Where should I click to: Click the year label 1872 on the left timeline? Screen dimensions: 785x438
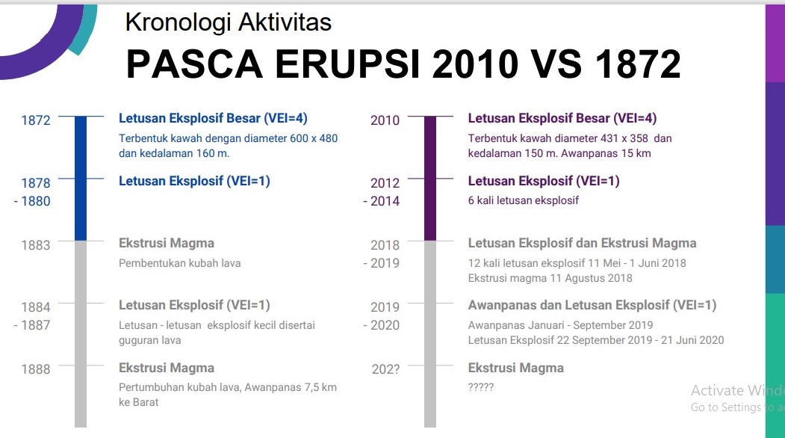click(x=36, y=120)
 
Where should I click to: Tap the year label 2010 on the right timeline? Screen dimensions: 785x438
click(x=385, y=120)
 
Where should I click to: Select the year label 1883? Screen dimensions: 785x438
click(x=36, y=245)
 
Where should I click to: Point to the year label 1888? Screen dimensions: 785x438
click(x=36, y=369)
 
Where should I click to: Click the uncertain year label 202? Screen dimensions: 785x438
click(x=385, y=369)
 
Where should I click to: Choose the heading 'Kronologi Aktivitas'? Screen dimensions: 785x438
click(x=229, y=22)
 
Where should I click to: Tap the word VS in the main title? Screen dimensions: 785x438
click(x=556, y=64)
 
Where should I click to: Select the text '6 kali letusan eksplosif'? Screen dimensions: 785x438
click(x=523, y=200)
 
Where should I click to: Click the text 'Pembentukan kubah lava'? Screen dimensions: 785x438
click(x=180, y=263)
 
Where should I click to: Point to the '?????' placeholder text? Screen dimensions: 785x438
click(x=480, y=387)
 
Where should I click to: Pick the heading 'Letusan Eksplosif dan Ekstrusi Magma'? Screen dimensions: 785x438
click(x=583, y=243)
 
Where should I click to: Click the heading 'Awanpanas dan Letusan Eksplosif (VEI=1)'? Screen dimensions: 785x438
click(x=592, y=305)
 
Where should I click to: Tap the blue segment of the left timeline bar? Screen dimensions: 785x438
click(x=81, y=179)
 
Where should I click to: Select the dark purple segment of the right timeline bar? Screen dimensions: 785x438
click(x=430, y=179)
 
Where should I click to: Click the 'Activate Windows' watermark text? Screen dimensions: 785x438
click(x=738, y=390)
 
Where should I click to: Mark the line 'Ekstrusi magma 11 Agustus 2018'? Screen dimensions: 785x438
click(x=550, y=278)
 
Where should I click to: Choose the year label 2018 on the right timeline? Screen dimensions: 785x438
click(x=385, y=245)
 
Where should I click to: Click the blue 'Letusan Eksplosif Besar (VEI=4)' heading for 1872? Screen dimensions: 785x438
click(x=214, y=118)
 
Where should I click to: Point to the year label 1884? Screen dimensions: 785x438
click(x=36, y=307)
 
